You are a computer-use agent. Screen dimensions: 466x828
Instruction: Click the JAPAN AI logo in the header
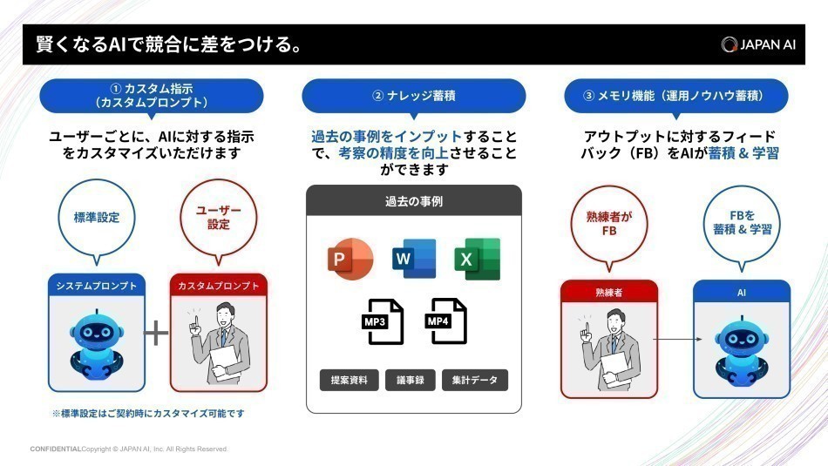point(757,44)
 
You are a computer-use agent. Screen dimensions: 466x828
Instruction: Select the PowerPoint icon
point(350,259)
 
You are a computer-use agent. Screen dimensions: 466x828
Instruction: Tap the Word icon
point(413,259)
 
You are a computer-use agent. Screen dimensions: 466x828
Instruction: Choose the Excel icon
point(477,259)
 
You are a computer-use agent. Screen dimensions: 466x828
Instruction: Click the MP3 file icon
point(381,321)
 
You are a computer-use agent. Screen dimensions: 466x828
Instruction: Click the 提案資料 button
point(349,381)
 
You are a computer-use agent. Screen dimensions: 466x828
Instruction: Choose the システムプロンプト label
point(96,286)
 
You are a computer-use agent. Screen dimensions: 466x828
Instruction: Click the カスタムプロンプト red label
point(219,286)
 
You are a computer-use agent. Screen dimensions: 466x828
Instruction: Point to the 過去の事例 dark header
point(413,201)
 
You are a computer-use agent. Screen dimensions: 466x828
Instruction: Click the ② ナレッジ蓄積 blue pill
point(413,96)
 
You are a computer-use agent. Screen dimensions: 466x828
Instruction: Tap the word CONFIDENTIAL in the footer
point(55,449)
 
